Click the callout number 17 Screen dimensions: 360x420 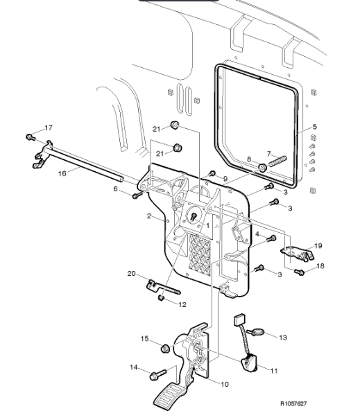point(49,128)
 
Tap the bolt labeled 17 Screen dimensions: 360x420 point(31,137)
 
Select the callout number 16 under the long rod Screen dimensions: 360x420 point(62,173)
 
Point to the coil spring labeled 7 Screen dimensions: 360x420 point(277,161)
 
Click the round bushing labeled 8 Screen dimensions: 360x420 point(262,168)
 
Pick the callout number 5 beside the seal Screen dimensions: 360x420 point(315,126)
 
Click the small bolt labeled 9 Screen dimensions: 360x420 point(212,173)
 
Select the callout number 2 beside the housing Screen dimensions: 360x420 point(149,216)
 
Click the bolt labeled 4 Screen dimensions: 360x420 point(271,238)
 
